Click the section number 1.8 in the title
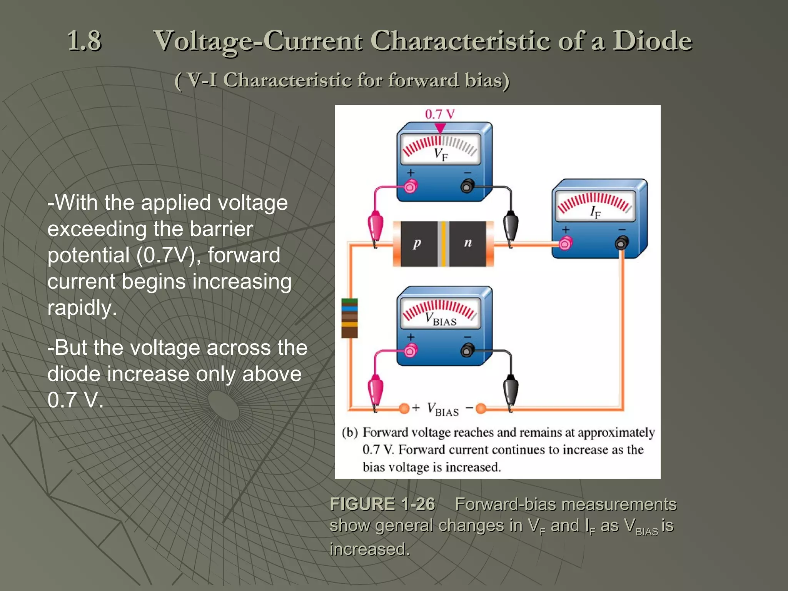pos(84,41)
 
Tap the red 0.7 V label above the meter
pos(439,114)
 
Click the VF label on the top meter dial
pos(441,154)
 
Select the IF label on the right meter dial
pos(595,212)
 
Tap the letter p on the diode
pos(417,243)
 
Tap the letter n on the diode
pos(467,242)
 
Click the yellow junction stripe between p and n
pos(443,244)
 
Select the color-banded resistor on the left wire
pos(349,318)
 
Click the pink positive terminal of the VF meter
pos(410,187)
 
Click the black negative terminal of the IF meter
pos(621,243)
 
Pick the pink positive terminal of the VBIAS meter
pos(410,351)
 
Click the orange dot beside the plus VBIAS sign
pos(404,408)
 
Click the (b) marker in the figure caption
pos(350,432)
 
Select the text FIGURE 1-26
pos(382,504)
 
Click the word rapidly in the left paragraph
pos(82,308)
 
